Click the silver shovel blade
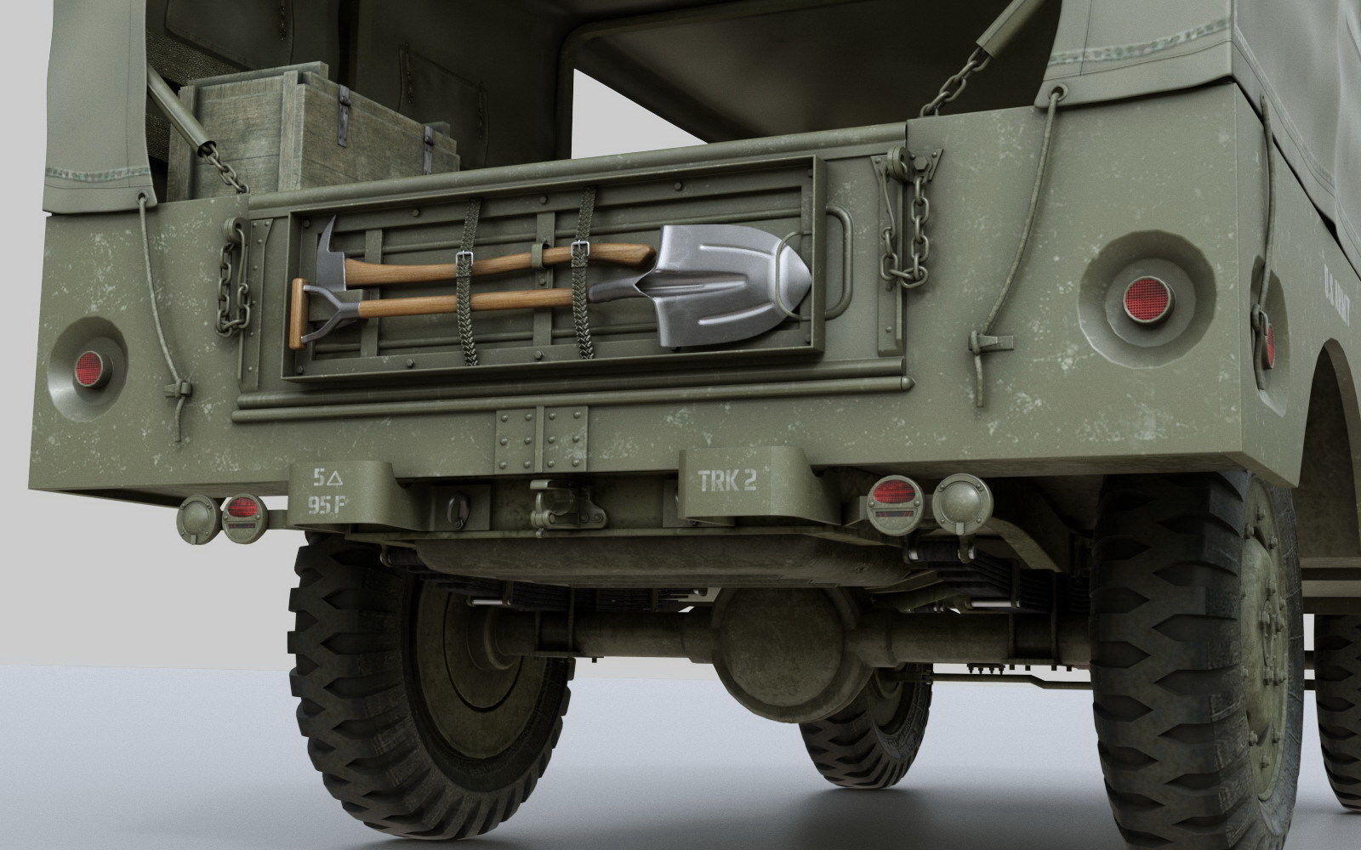732,285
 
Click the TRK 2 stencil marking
727,482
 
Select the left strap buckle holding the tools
465,261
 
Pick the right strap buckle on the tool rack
582,248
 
